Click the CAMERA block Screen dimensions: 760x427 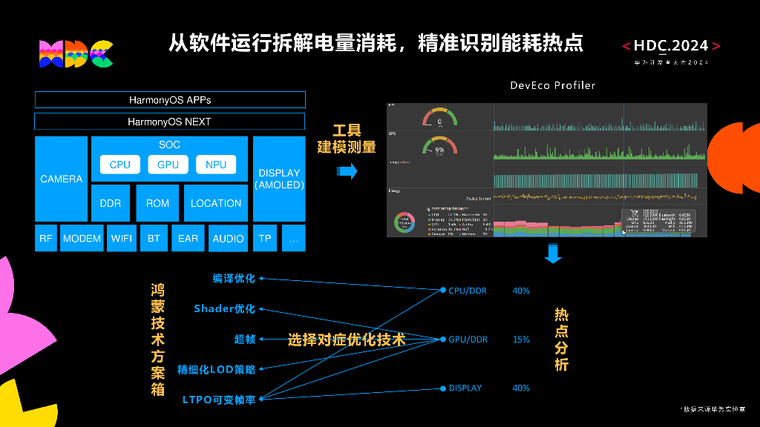coord(61,179)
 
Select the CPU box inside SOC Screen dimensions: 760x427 coord(119,165)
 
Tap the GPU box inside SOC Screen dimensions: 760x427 coord(168,165)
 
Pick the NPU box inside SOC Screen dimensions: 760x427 coord(216,165)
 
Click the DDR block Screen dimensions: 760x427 coord(110,203)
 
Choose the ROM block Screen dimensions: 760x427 coord(157,203)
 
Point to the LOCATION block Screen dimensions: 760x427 coord(216,203)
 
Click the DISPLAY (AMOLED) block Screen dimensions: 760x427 coord(279,179)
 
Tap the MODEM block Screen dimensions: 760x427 coord(82,239)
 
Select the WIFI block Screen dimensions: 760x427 coord(122,239)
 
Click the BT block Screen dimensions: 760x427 coord(154,239)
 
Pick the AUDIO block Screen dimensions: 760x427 coord(228,239)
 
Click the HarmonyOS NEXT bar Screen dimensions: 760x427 coord(169,122)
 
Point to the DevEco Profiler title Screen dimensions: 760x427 coord(552,85)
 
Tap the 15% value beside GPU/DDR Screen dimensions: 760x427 coord(521,340)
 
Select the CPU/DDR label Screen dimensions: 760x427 coord(468,291)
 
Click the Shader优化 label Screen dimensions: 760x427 coord(224,308)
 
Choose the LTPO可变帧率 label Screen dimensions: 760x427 coord(219,400)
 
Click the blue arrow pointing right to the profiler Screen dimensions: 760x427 coord(347,172)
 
